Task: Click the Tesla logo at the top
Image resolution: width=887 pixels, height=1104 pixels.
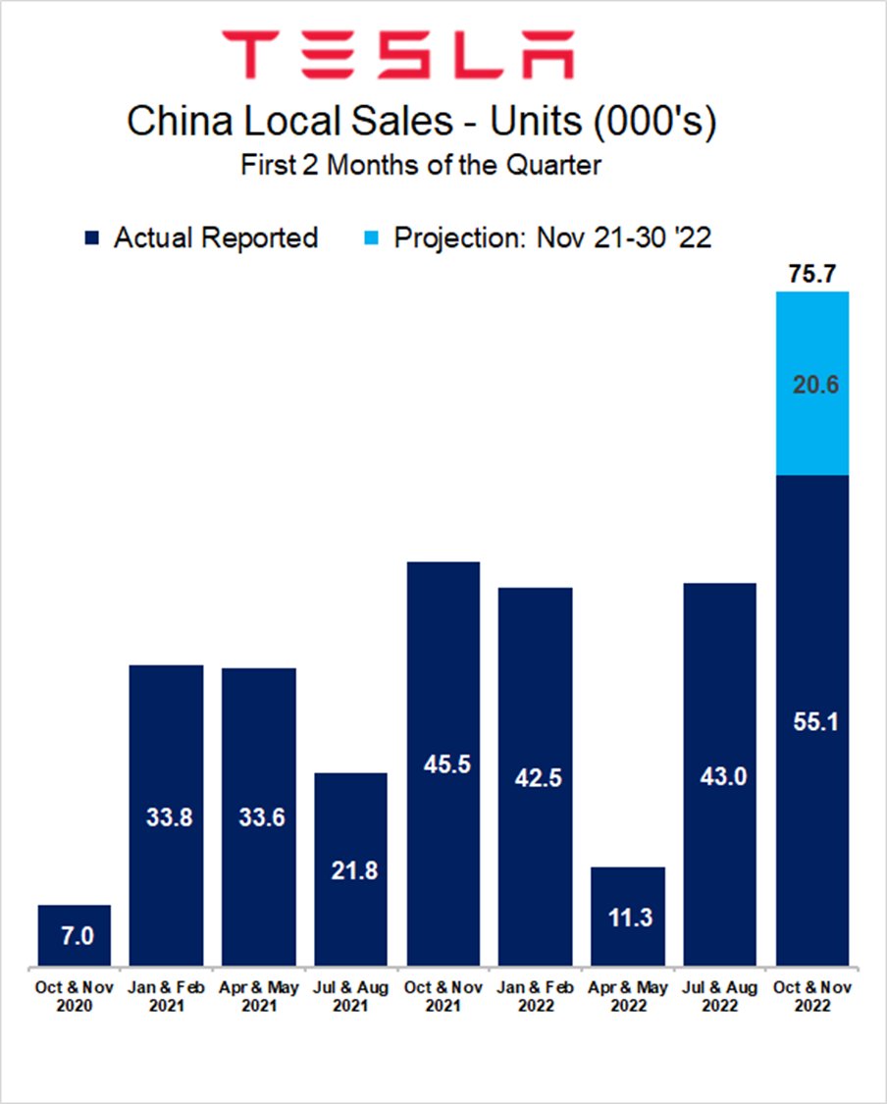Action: [397, 54]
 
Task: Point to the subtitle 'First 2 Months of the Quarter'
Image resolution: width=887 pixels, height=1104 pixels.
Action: [421, 165]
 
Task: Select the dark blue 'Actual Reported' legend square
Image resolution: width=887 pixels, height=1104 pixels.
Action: [93, 238]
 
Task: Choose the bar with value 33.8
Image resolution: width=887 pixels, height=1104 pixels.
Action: [167, 815]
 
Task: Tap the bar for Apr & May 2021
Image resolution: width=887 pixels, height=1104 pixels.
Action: [259, 816]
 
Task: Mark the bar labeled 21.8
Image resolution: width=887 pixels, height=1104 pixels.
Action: [351, 868]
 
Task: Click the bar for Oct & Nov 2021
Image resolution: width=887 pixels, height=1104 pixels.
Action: [443, 763]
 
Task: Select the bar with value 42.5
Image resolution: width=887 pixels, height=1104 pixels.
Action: [536, 776]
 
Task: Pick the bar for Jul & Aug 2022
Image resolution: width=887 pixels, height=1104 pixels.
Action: [720, 774]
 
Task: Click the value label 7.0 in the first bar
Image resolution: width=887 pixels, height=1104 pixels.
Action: [76, 936]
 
